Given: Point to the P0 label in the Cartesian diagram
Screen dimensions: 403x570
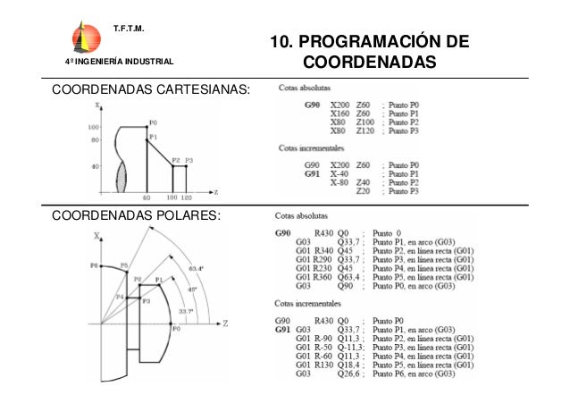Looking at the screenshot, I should (154, 122).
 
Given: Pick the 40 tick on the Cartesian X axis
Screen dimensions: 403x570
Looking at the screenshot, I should (94, 166).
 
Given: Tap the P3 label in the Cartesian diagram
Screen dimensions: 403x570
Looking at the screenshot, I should (189, 159).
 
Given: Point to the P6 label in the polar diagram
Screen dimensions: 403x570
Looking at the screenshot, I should (94, 265).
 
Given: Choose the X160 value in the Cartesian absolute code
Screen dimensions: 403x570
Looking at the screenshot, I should (340, 114).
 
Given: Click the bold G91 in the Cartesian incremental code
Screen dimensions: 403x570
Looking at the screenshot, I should (312, 173).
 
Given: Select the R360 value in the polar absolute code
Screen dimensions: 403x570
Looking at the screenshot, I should (330, 278).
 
